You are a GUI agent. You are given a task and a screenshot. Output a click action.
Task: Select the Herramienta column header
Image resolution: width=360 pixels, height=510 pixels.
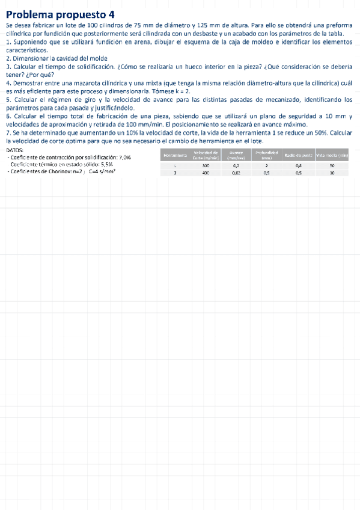(x=174, y=155)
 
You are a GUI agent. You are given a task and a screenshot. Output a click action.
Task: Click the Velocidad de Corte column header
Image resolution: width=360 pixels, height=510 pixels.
(x=206, y=155)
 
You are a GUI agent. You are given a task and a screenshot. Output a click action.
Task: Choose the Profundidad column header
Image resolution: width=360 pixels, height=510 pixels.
(x=266, y=155)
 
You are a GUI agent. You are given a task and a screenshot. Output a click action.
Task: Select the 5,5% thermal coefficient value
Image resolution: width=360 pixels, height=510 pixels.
(x=107, y=164)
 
